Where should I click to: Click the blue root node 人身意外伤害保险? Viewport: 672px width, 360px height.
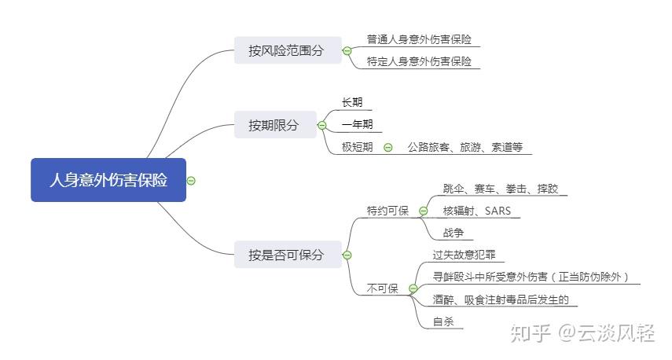click(108, 180)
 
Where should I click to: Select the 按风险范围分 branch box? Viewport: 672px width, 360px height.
click(288, 50)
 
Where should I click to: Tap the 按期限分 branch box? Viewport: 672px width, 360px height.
click(275, 125)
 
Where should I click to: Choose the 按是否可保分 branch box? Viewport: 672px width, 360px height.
click(288, 255)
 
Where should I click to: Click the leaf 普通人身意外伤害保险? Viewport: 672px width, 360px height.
click(419, 39)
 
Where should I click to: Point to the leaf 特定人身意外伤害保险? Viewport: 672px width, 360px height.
click(419, 61)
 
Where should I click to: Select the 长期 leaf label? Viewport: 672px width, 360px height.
click(352, 102)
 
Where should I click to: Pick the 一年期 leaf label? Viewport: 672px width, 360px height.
click(358, 124)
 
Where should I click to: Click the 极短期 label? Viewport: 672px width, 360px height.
click(358, 147)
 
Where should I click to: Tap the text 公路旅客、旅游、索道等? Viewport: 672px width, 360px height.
click(465, 147)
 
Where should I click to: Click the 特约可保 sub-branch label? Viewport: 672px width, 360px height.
click(387, 211)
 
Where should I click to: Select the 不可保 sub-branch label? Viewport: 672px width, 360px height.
click(382, 288)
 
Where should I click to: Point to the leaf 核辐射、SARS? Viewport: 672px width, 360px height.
click(477, 211)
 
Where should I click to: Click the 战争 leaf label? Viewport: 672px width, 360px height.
click(454, 233)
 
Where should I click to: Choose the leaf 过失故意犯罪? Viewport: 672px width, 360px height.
click(465, 255)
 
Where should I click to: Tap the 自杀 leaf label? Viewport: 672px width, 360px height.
click(443, 321)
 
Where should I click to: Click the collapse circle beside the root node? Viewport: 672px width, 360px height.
click(191, 181)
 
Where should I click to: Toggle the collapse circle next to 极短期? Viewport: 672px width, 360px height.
click(387, 148)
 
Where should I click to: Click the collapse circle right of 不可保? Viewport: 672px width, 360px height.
click(413, 288)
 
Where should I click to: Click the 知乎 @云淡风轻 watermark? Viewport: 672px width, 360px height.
click(582, 333)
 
